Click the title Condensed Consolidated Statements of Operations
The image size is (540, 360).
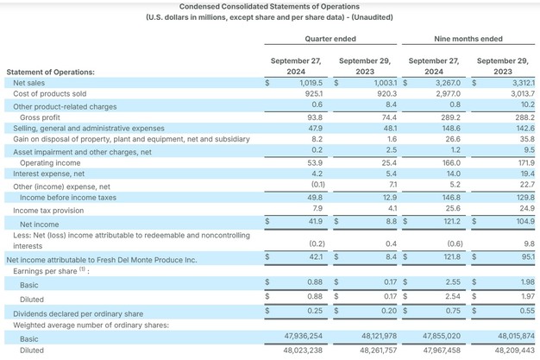[269, 7]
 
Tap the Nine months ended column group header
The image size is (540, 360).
[468, 39]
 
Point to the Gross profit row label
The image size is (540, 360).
[40, 117]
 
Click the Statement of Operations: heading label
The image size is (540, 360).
[50, 71]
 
